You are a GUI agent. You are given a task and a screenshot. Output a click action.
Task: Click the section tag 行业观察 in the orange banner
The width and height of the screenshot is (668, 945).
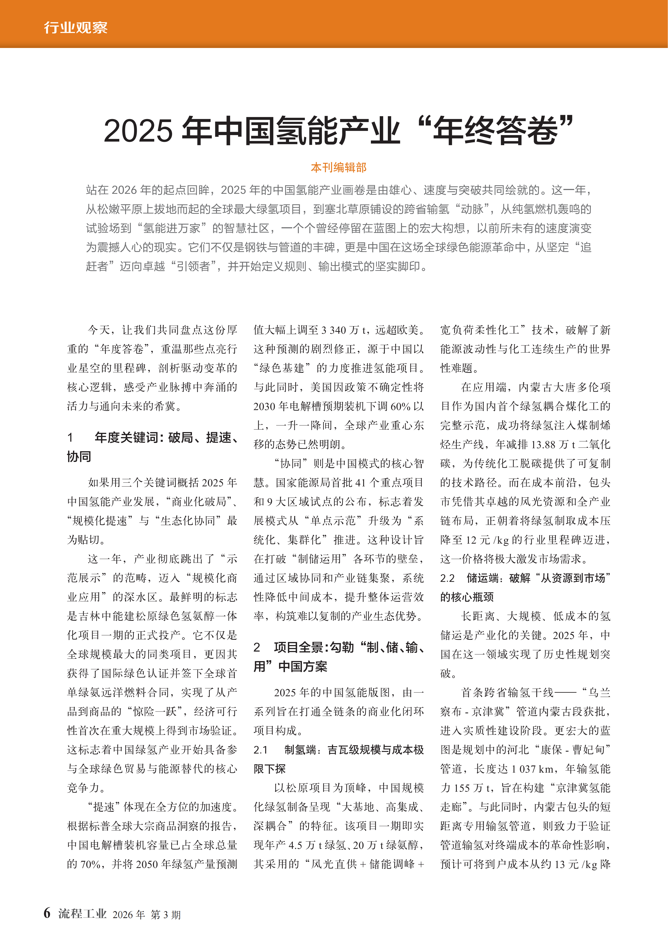tap(76, 28)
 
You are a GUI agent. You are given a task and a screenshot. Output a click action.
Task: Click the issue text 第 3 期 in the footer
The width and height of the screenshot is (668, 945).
tap(165, 914)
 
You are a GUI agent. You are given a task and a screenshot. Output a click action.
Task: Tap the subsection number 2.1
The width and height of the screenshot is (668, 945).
tap(260, 750)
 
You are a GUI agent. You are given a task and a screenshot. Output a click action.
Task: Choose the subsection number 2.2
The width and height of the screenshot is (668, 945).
tap(447, 578)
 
